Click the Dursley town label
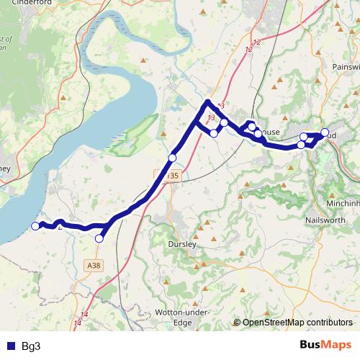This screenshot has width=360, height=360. point(181,245)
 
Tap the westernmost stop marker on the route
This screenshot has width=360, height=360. point(35,226)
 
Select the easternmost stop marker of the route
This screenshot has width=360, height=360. point(325,132)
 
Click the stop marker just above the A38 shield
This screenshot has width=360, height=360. point(99,238)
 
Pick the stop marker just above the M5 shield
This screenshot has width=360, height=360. point(172,158)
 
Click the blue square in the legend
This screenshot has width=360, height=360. point(11,346)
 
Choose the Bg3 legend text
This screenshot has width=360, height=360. point(31,346)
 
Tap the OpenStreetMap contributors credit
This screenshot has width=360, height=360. point(297,323)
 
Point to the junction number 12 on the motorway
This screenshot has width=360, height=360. point(249,49)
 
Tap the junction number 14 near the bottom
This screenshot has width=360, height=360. point(84,315)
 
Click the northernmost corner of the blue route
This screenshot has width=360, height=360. point(207,102)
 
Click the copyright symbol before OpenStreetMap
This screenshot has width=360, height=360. point(238,323)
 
